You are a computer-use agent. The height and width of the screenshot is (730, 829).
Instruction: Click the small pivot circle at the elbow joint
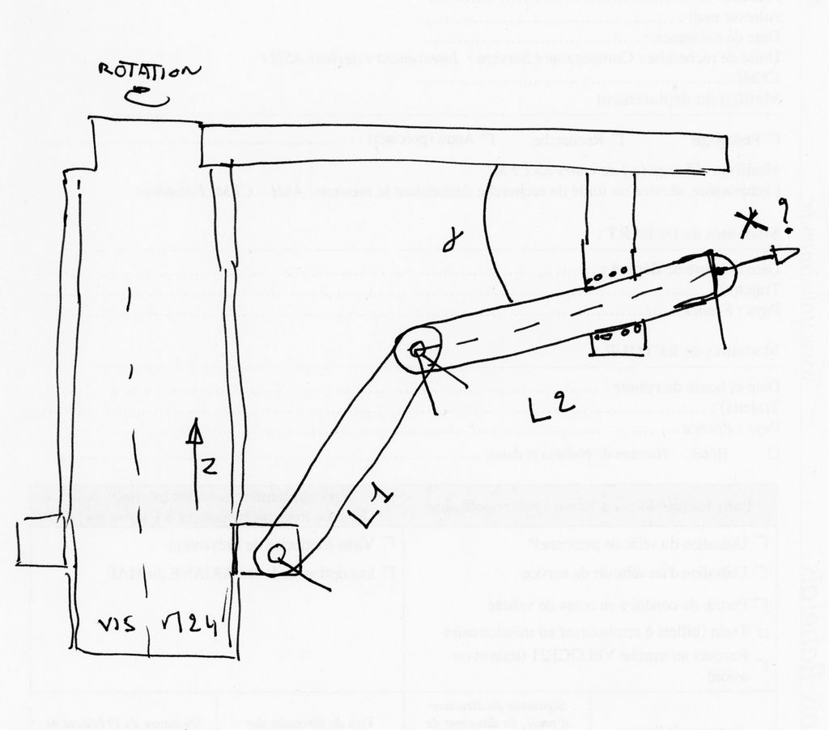[x=418, y=350]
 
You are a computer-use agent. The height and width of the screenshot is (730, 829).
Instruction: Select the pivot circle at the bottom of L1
[x=278, y=556]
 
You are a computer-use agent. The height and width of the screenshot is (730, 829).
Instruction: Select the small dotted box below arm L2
[x=619, y=333]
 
